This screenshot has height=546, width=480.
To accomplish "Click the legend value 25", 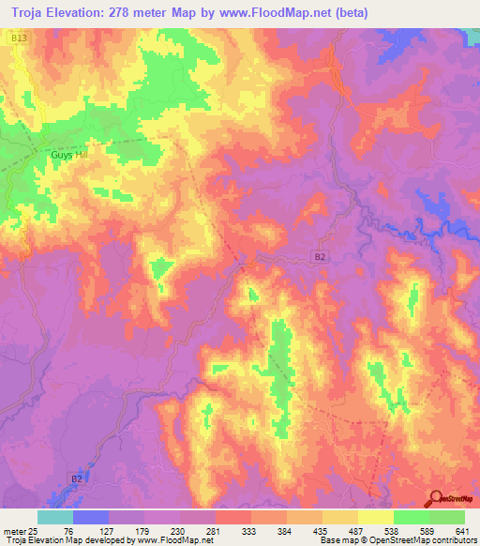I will point(34,530).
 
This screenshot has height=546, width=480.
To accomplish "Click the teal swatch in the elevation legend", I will point(55,517).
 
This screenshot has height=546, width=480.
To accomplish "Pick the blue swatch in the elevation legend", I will point(91,517).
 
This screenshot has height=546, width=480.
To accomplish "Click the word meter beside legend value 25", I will point(13,530).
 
